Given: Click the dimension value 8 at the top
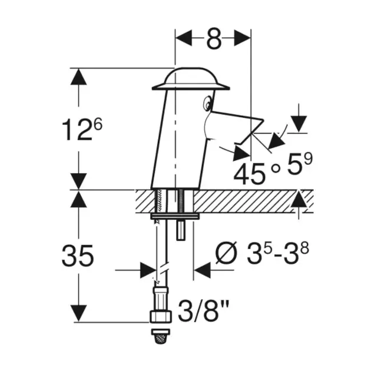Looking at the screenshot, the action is [x=214, y=38].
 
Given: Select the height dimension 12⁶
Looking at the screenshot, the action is [x=82, y=129].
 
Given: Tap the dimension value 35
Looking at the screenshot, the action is [x=78, y=256].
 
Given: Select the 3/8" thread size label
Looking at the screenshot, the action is [x=203, y=311].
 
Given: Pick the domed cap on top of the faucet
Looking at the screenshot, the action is [x=191, y=79].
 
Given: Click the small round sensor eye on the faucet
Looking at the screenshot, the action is [x=207, y=103].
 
